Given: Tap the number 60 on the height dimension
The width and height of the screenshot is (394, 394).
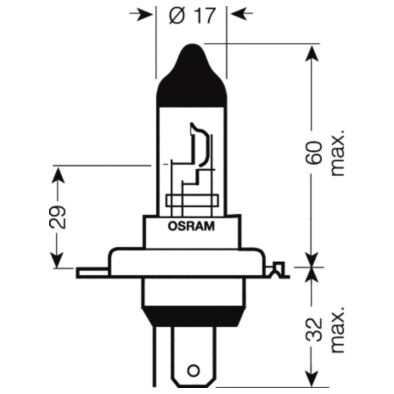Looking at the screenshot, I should point(315,152).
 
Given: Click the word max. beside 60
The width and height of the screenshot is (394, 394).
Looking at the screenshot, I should point(338,152).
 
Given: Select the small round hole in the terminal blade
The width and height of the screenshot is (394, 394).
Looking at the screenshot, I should point(193,370).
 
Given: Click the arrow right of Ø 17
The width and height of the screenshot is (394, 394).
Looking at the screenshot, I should point(242,15).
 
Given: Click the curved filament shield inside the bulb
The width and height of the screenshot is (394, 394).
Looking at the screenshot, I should point(201,146).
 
